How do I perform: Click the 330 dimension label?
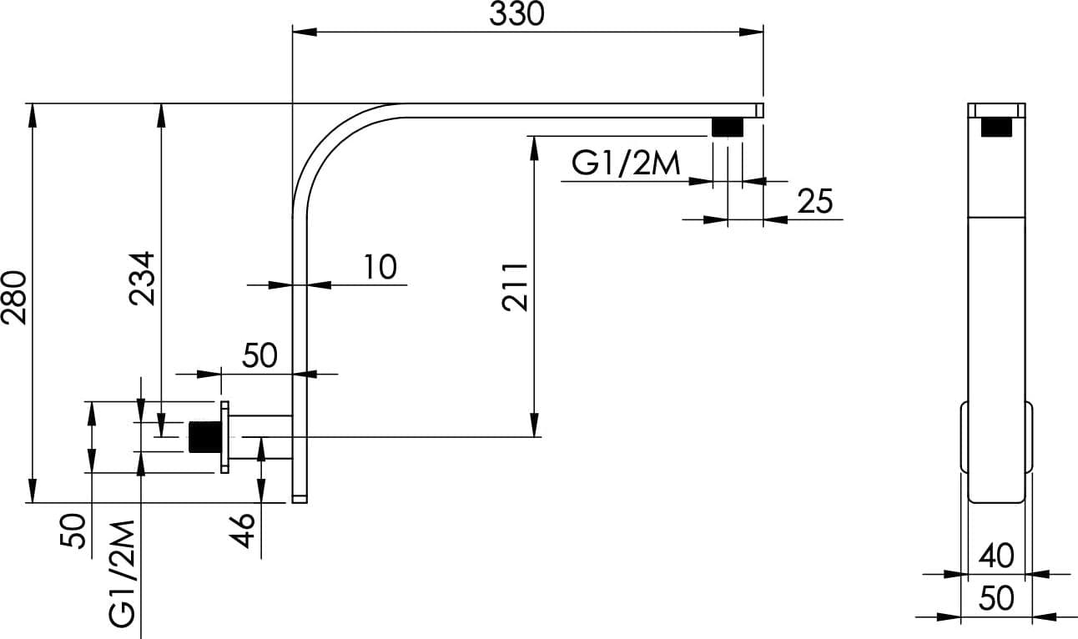coord(516,14)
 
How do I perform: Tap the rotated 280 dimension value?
coord(14,298)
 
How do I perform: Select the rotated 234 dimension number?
coord(142,279)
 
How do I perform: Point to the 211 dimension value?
coord(515,287)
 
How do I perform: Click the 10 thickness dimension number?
coord(380,267)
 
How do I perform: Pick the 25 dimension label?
coord(814,201)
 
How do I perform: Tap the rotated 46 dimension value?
coord(241,531)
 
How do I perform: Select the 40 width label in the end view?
coord(996,556)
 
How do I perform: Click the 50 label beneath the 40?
coord(996,599)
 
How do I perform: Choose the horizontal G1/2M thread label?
coord(626,163)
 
